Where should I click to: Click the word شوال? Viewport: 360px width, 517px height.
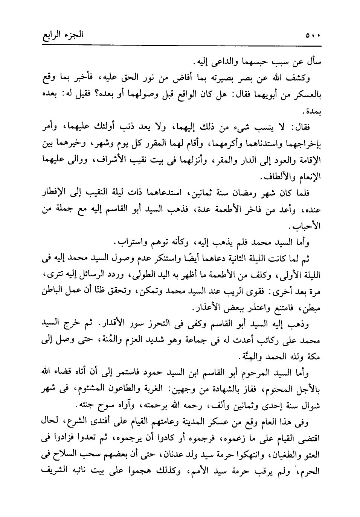(x=311, y=406)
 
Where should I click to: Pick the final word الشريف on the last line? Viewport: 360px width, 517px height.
(x=53, y=472)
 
